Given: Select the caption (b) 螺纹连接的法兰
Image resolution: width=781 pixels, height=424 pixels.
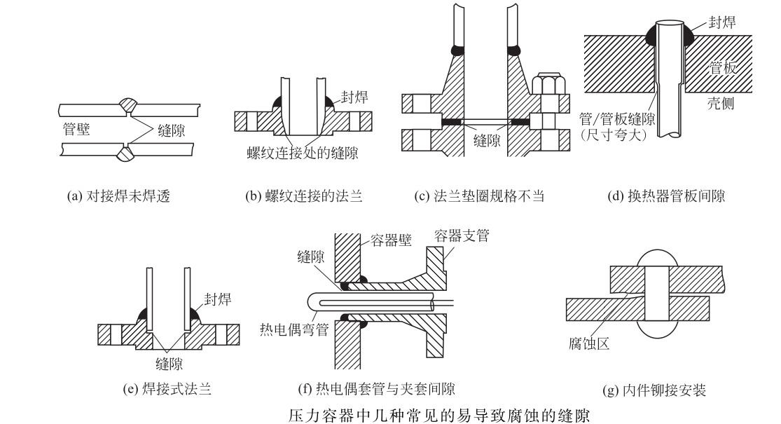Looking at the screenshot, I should coord(303,197).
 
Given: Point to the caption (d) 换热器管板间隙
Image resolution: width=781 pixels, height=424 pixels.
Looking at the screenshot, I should coord(665,197).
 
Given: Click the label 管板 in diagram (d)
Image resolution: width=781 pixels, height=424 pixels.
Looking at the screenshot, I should coord(722,68).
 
